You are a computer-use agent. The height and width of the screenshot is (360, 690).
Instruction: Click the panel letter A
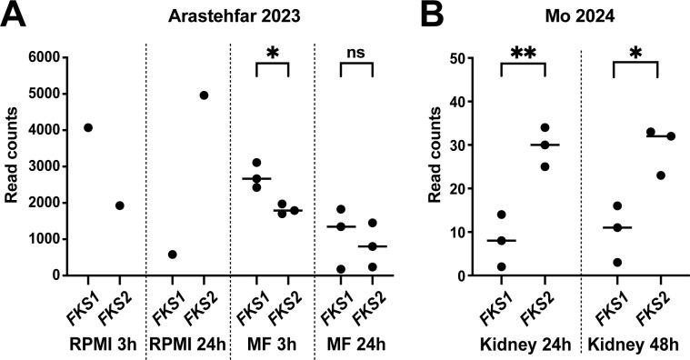point(15,16)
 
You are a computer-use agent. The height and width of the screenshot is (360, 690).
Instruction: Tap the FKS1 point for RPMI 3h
point(87,127)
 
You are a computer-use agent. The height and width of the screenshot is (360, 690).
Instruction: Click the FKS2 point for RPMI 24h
point(204,95)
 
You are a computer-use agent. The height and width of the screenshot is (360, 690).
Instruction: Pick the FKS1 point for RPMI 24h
point(173,255)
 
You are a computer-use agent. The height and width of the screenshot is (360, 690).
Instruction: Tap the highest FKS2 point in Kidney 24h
point(545,127)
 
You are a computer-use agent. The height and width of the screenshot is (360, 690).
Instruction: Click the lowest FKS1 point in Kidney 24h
point(500,266)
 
